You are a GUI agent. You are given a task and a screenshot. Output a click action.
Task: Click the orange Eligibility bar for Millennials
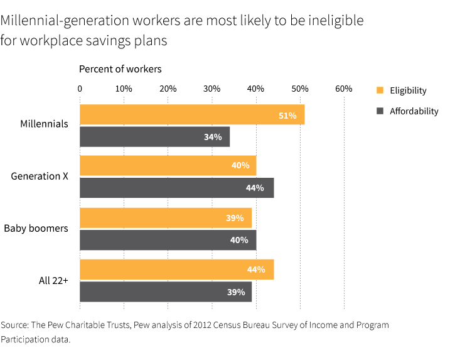pyautogui.click(x=192, y=114)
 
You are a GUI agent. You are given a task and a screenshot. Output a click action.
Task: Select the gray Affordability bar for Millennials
pyautogui.click(x=155, y=137)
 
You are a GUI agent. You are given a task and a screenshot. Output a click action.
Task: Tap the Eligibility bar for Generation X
pyautogui.click(x=168, y=165)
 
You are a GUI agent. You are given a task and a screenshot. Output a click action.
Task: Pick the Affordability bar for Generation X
pyautogui.click(x=176, y=188)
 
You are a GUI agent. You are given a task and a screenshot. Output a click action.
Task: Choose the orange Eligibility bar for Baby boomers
pyautogui.click(x=166, y=217)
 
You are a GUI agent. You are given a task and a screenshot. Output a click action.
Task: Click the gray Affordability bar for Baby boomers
pyautogui.click(x=168, y=240)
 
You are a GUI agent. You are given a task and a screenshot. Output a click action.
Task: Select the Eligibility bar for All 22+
pyautogui.click(x=176, y=269)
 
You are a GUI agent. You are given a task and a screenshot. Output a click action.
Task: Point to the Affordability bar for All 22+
pyautogui.click(x=166, y=292)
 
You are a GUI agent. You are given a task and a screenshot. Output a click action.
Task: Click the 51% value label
pyautogui.click(x=287, y=115)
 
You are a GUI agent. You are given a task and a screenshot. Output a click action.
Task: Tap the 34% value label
pyautogui.click(x=213, y=137)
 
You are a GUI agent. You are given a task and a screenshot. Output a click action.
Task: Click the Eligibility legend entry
pyautogui.click(x=408, y=90)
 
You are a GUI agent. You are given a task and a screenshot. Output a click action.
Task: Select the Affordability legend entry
pyautogui.click(x=414, y=111)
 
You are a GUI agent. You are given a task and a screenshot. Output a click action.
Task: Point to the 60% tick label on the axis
pyautogui.click(x=343, y=89)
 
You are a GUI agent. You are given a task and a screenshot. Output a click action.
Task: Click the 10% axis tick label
pyautogui.click(x=124, y=89)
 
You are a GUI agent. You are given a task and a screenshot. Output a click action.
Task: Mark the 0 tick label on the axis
pyautogui.click(x=80, y=89)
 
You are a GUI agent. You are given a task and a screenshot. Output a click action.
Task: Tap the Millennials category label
pyautogui.click(x=44, y=124)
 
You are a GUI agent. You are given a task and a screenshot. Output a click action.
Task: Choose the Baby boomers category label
pyautogui.click(x=36, y=228)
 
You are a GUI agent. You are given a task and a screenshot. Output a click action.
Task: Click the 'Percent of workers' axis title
pyautogui.click(x=120, y=68)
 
